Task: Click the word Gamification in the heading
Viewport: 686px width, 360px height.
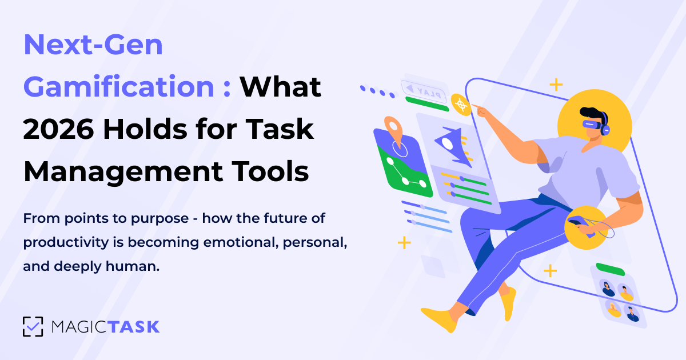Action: click(x=119, y=87)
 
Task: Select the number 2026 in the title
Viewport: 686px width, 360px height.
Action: click(x=58, y=130)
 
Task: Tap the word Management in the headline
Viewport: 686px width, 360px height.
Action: click(x=123, y=172)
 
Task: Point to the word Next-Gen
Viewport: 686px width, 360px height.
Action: click(x=93, y=45)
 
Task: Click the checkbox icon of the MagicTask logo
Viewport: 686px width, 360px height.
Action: click(x=33, y=327)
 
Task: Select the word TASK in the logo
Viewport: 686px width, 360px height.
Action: click(x=133, y=327)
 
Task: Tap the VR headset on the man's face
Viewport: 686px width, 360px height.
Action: click(x=593, y=125)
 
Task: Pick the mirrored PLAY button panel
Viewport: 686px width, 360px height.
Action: click(x=424, y=91)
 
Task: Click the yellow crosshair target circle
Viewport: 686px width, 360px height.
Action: click(x=461, y=105)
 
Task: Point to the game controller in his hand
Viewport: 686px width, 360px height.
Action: click(x=580, y=225)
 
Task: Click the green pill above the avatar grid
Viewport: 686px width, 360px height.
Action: click(x=611, y=269)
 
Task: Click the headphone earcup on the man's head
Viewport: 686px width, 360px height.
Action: click(x=605, y=129)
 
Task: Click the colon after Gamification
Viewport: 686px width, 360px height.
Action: click(x=227, y=89)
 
